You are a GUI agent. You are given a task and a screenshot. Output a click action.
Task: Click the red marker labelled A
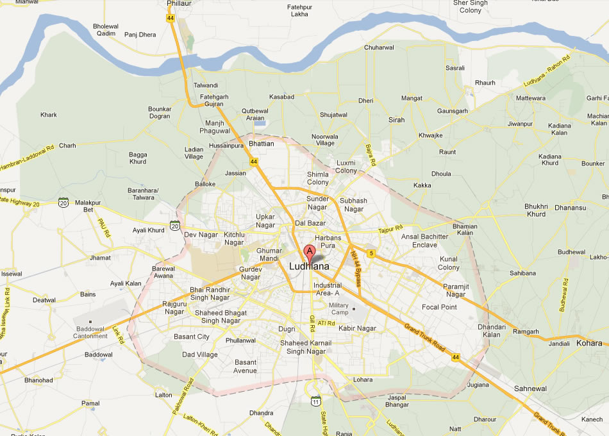point(309,251)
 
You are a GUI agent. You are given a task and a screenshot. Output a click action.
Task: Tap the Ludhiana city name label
point(309,266)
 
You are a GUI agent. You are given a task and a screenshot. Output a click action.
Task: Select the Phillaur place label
point(179,4)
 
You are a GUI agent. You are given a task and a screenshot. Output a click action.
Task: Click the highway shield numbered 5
point(371,253)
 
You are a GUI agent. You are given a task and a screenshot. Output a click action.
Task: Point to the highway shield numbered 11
point(315,401)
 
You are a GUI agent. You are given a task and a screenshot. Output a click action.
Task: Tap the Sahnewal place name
point(530,389)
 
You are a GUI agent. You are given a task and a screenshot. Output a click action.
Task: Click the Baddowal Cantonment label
point(90,332)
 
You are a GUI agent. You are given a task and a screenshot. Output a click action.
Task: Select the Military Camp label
point(338,308)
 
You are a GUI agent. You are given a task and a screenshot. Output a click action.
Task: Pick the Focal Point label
point(439,307)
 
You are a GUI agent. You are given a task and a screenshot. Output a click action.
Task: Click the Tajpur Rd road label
point(390,229)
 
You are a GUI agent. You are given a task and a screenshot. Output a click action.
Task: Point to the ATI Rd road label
point(327,323)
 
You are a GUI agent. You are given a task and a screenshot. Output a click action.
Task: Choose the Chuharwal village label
point(379,48)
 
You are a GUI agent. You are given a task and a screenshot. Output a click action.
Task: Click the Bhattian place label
point(261,144)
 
